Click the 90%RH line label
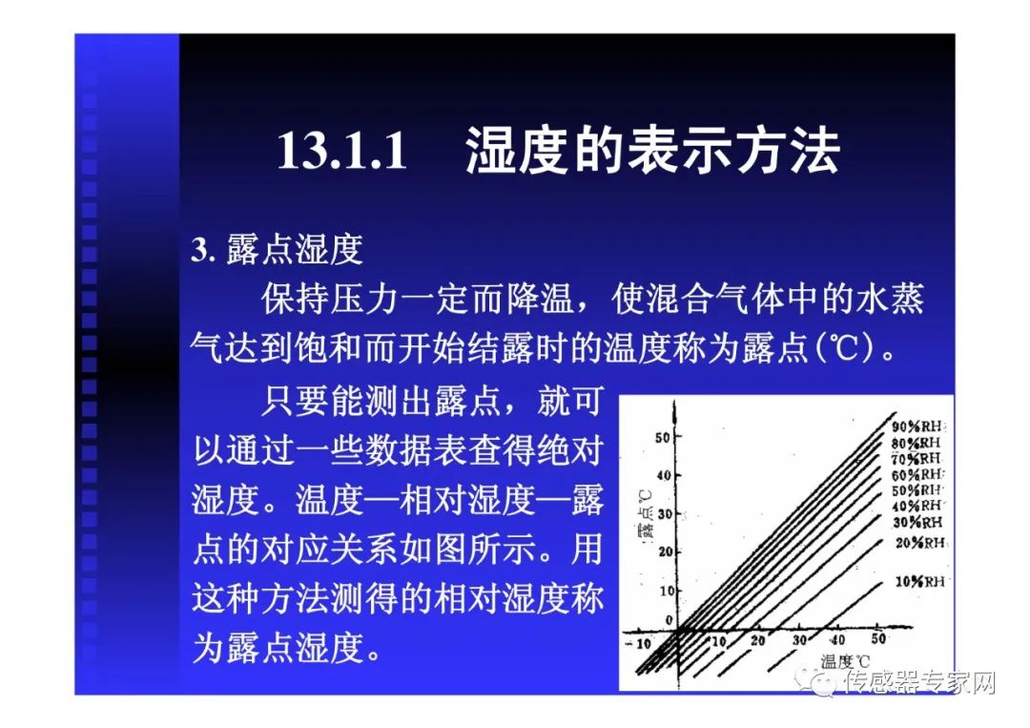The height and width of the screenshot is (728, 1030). pos(917,427)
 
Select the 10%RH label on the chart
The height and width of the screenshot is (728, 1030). pos(919,581)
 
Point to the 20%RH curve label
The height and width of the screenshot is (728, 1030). pos(918,543)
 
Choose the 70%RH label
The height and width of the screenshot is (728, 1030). pos(917,459)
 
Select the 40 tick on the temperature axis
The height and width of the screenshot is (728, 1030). pos(836,640)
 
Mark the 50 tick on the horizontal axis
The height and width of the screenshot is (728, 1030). pos(877,639)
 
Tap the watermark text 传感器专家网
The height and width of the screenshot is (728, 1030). pos(918,683)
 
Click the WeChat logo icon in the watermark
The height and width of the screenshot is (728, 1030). pos(817,682)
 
